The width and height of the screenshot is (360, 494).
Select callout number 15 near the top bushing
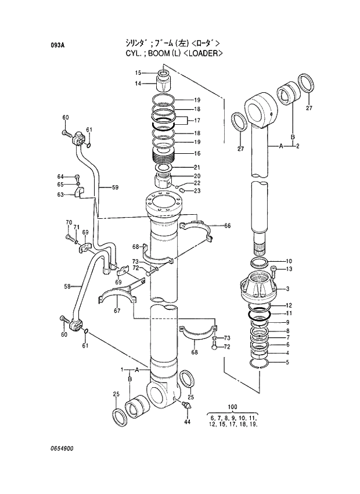(139, 73)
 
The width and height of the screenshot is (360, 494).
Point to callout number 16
(197, 153)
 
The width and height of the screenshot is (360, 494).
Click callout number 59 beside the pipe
(115, 187)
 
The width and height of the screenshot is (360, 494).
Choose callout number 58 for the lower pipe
(67, 286)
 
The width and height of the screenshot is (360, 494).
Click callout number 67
(117, 311)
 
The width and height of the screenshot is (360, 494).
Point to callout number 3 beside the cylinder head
(289, 289)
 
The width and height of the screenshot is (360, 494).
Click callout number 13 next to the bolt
(289, 269)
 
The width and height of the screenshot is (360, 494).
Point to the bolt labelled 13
(273, 269)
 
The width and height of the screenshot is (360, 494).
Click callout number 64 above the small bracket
(60, 176)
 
